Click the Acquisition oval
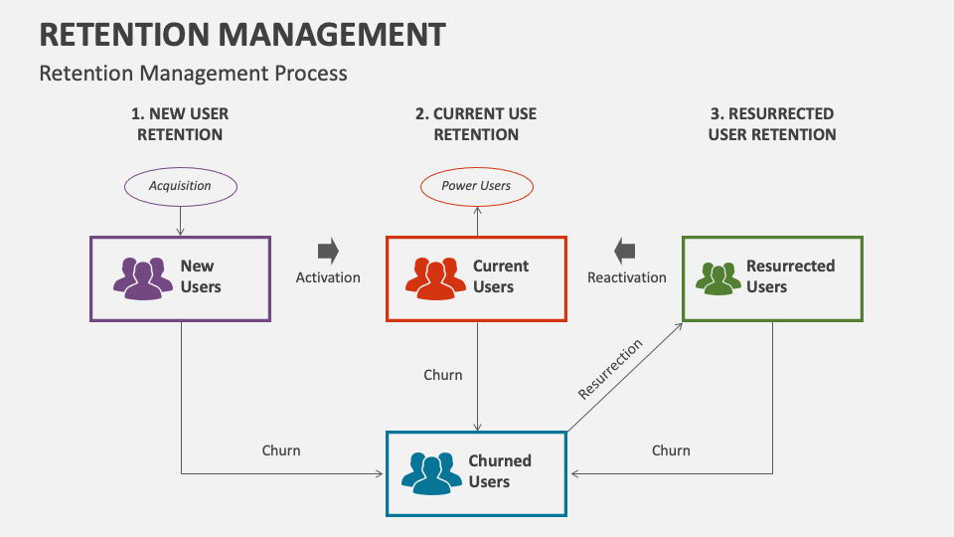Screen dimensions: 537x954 click(180, 186)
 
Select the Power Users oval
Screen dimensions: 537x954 click(476, 186)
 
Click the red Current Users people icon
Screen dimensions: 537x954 click(435, 278)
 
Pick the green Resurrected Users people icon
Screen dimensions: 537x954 click(717, 278)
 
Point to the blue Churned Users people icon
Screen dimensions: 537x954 click(432, 473)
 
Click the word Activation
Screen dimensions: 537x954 click(328, 277)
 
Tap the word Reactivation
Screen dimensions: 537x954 click(626, 277)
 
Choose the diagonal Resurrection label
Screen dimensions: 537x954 click(610, 369)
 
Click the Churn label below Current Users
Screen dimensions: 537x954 click(443, 375)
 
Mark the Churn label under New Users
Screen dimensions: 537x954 click(281, 450)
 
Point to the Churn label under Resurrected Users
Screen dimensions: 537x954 click(671, 450)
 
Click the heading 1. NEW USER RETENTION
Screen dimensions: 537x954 click(180, 124)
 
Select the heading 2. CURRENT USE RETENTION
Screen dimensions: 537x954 click(476, 124)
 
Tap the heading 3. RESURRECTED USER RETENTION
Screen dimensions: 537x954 click(772, 124)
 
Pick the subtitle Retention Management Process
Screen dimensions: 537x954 click(193, 73)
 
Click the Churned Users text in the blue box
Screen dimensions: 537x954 click(500, 471)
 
